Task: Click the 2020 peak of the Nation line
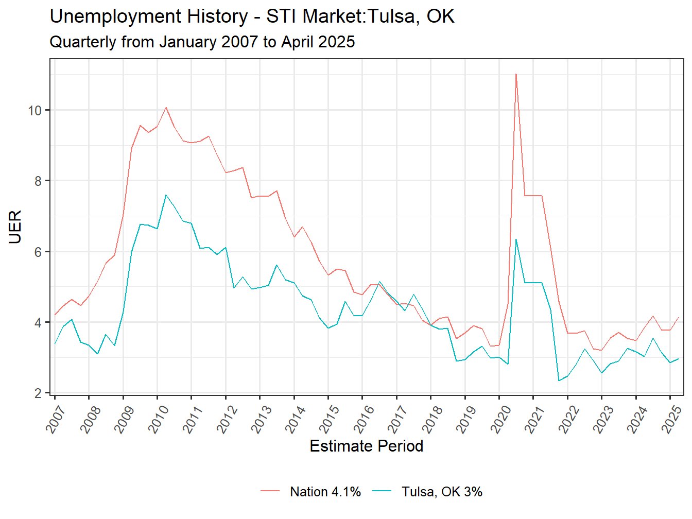tap(516, 74)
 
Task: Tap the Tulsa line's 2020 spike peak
tap(516, 239)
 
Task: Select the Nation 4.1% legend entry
tap(325, 492)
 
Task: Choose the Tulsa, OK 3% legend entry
tap(442, 492)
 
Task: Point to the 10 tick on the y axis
tap(35, 110)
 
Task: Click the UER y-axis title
tap(15, 227)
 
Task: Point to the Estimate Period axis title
tap(366, 446)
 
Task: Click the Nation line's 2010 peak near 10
tap(166, 108)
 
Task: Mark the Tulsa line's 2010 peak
tap(166, 195)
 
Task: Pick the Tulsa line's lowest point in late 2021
tap(559, 380)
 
